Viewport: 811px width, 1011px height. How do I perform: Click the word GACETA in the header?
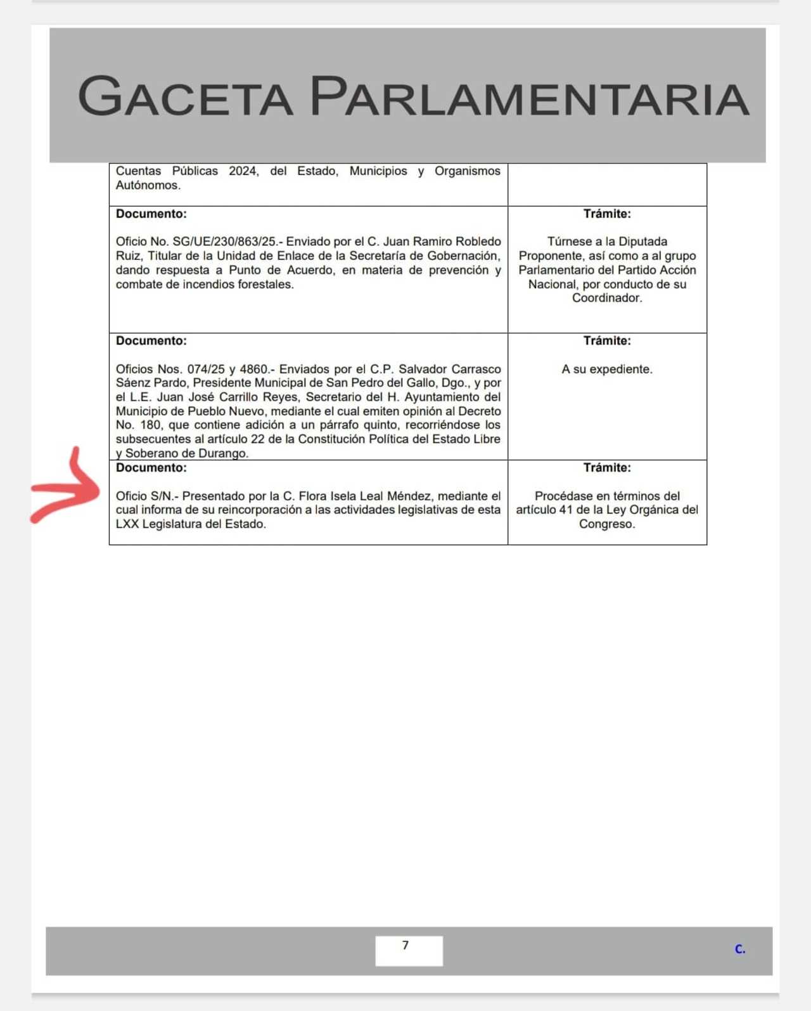185,96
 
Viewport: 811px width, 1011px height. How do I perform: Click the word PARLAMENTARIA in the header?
529,96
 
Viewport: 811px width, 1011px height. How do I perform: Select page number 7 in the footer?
405,946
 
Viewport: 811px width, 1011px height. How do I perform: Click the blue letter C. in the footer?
739,949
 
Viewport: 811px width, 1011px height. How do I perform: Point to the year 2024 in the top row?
243,171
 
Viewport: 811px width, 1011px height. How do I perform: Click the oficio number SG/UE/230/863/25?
224,241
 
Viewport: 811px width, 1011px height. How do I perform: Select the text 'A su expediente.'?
606,369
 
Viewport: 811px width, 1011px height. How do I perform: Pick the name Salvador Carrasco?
450,369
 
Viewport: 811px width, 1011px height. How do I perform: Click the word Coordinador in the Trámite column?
606,298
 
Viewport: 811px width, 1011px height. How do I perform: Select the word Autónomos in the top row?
147,185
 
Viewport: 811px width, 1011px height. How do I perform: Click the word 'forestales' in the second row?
264,284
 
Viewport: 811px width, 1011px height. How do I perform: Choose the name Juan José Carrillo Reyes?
227,397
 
